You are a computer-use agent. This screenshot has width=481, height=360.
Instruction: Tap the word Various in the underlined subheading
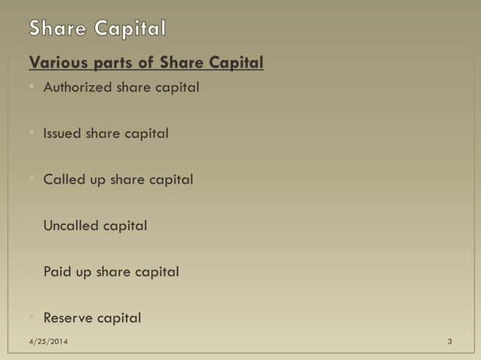[55, 63]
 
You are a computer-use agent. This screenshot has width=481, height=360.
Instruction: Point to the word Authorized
[78, 87]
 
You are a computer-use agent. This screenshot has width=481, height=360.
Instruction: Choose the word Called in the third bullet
[64, 179]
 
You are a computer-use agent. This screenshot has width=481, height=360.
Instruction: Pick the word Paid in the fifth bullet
[57, 271]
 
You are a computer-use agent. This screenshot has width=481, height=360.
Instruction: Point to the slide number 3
[449, 343]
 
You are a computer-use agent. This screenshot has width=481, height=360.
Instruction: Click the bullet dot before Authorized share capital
[33, 88]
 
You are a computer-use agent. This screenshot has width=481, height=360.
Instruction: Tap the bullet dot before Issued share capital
[33, 134]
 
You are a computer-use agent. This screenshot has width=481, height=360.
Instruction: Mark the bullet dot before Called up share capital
[33, 180]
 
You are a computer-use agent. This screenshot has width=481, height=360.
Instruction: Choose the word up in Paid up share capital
[82, 273]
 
